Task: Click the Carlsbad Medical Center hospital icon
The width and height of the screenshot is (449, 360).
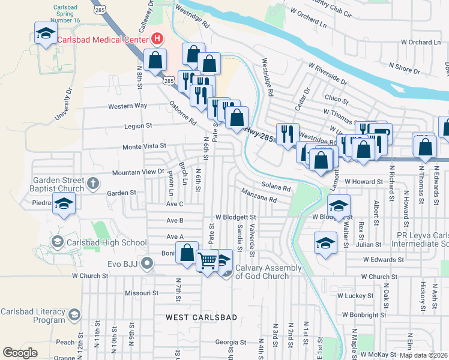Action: (x=157, y=40)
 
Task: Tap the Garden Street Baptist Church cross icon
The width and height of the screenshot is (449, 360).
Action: (x=92, y=182)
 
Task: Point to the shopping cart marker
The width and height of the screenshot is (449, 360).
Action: (x=208, y=261)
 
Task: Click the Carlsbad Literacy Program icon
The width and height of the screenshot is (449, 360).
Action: (x=74, y=315)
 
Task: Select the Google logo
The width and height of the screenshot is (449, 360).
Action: (x=20, y=353)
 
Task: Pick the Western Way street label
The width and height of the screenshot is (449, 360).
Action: (x=127, y=106)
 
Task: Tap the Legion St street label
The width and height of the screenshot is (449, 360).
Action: (x=139, y=126)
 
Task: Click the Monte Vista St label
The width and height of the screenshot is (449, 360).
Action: (x=144, y=146)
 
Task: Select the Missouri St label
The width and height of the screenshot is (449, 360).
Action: (x=140, y=293)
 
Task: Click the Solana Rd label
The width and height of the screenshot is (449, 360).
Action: (x=276, y=187)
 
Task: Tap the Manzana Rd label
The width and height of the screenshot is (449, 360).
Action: (x=259, y=195)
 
